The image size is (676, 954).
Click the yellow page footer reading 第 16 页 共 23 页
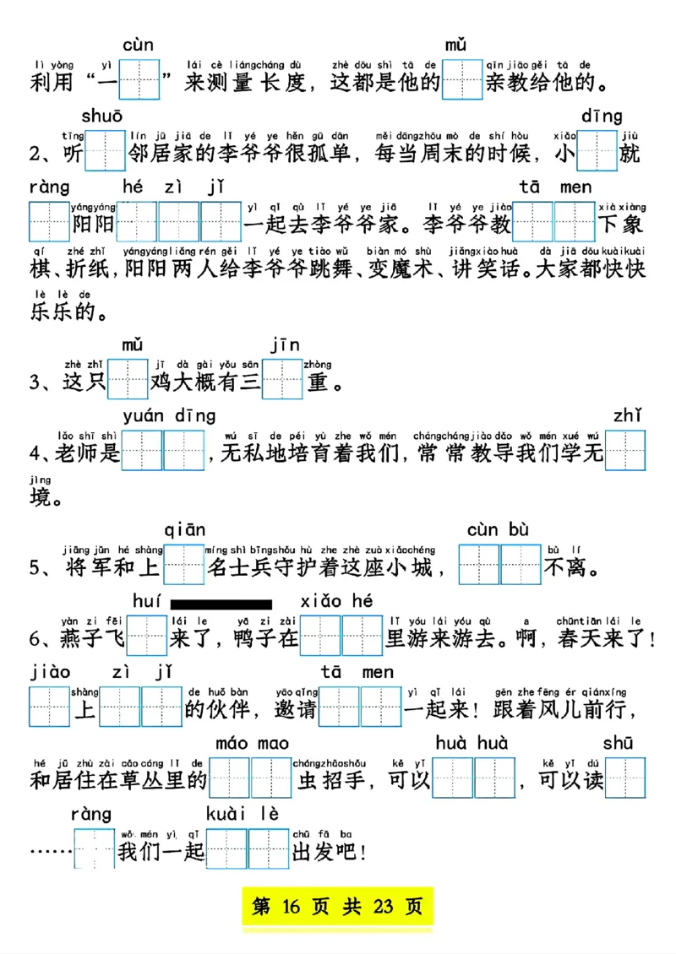click(338, 908)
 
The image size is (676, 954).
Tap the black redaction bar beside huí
click(221, 604)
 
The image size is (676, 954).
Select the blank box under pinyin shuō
click(105, 152)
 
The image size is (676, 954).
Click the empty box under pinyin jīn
click(282, 380)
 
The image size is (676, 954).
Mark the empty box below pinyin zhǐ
click(626, 452)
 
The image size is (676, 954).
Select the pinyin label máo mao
click(252, 743)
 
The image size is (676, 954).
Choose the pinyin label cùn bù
click(498, 530)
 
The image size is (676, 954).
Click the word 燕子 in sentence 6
click(82, 639)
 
